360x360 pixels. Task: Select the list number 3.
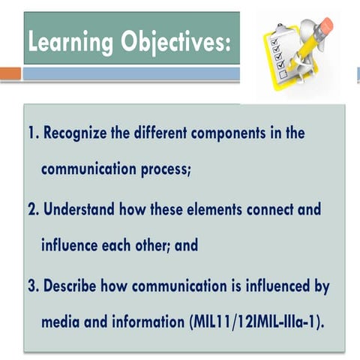point(31,286)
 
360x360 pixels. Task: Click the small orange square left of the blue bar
point(10,73)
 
